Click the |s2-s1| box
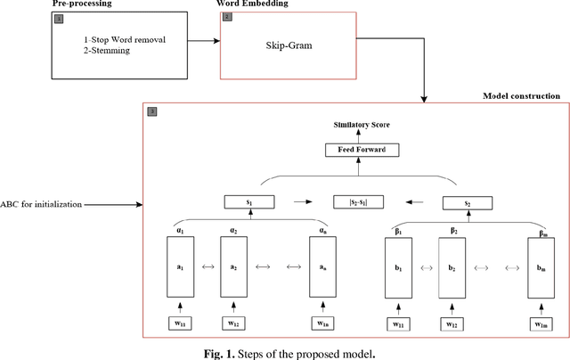[x=355, y=201]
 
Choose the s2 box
[x=466, y=202]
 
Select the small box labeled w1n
[x=322, y=323]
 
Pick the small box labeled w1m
[x=541, y=323]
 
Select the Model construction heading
[x=521, y=95]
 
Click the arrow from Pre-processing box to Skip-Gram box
[x=203, y=41]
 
